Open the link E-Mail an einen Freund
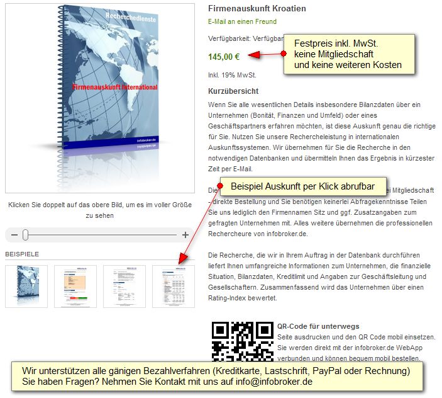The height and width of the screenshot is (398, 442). [242, 22]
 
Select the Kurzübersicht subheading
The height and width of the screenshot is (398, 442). [233, 91]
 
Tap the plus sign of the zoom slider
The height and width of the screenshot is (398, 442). [185, 235]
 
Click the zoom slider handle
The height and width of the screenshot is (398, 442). [25, 235]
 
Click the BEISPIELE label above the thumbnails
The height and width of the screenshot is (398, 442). [22, 254]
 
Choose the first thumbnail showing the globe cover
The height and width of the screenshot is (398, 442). [26, 286]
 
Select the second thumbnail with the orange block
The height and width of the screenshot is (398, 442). [75, 286]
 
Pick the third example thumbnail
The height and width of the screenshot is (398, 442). [124, 286]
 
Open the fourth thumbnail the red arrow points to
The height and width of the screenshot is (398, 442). [174, 286]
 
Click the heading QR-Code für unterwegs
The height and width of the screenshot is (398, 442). [318, 326]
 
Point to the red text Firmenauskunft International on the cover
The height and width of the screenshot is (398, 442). [114, 87]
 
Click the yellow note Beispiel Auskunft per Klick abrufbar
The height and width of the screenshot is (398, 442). [302, 186]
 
